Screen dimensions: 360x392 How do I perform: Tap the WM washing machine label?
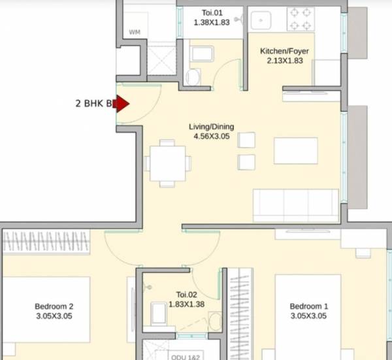coord(135,31)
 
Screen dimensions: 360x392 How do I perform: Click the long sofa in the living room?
coord(296,205)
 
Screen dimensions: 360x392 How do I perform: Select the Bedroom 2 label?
coord(54,306)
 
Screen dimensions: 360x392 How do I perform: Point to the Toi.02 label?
coord(187,295)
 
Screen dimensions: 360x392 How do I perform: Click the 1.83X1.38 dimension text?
coord(187,304)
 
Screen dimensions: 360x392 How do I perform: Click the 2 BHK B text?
coord(95,103)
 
